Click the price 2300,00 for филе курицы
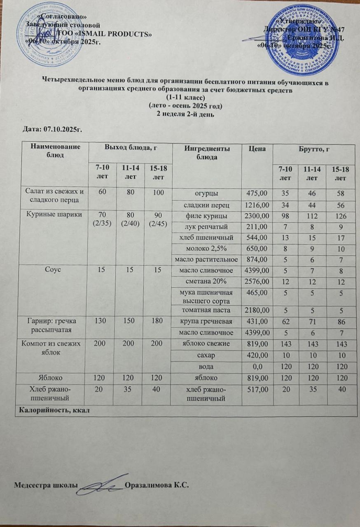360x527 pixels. tap(258, 216)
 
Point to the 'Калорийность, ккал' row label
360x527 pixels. tap(43, 410)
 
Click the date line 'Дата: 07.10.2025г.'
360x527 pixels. tap(54, 130)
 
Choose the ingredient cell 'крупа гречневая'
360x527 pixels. tap(206, 321)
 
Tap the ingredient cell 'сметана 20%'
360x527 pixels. tap(206, 281)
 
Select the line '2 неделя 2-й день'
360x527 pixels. tap(185, 114)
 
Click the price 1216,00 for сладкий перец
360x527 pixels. tap(258, 205)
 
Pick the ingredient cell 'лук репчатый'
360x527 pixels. tap(206, 226)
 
